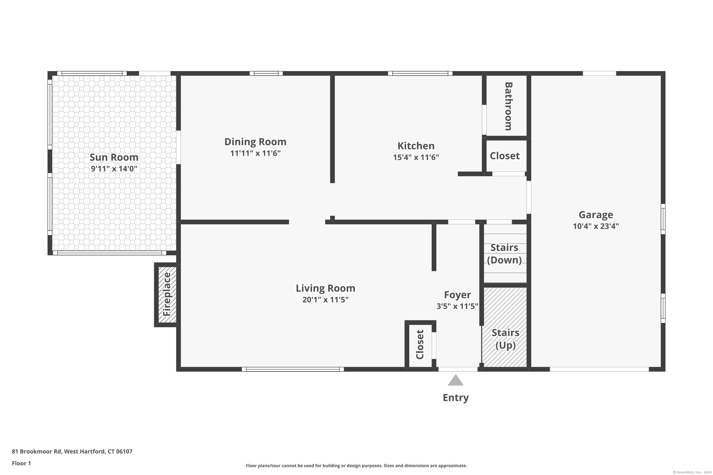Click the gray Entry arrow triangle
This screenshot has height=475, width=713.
coord(456,380)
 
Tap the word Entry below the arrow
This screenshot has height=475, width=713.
coord(456,397)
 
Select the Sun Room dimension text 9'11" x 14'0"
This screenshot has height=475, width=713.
coord(114,169)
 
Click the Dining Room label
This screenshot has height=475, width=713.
coord(255,142)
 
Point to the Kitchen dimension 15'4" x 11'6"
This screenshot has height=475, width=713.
coord(416,157)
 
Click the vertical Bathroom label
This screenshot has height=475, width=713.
coord(508,106)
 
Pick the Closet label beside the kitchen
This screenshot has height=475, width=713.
coord(505,156)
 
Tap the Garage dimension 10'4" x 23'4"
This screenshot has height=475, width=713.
coord(596,226)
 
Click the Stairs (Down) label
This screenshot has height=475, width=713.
coord(504,254)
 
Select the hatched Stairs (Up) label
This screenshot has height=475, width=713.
coord(505,339)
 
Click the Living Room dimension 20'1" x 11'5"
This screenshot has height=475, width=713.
coord(325,299)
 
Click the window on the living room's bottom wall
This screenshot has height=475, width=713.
coord(293,369)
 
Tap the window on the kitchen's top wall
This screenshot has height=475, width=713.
coord(420,73)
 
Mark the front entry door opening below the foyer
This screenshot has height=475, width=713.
coord(458,369)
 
